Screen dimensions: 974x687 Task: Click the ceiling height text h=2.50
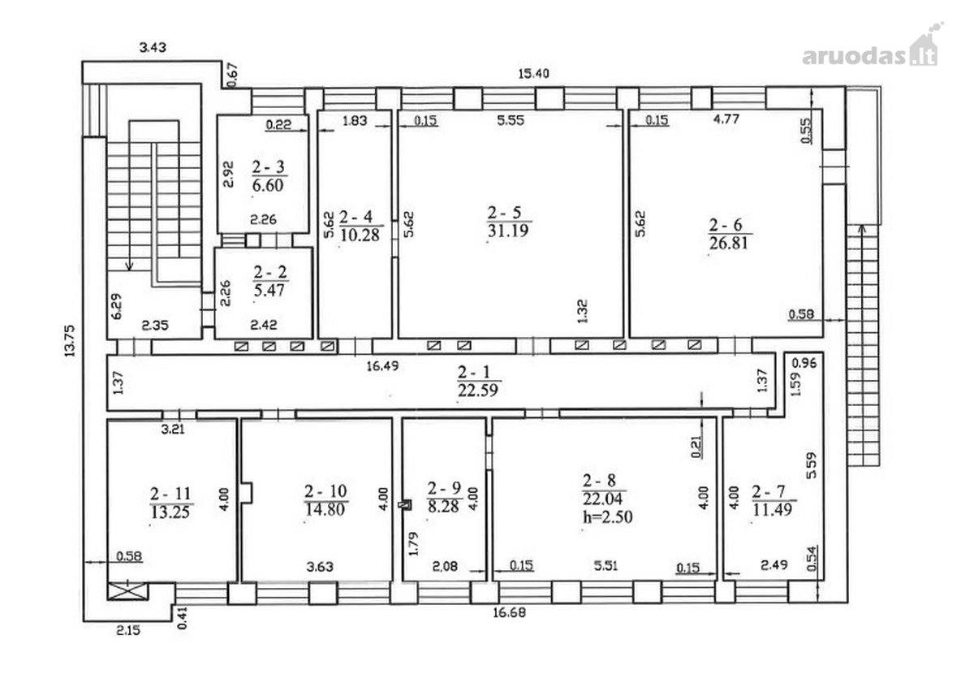(x=607, y=517)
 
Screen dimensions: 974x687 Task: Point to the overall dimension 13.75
(x=70, y=341)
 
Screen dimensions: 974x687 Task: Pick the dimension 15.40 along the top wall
(x=533, y=74)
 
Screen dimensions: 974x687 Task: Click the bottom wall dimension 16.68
(x=509, y=612)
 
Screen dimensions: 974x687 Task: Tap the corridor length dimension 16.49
(x=382, y=366)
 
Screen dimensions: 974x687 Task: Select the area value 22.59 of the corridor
(x=477, y=390)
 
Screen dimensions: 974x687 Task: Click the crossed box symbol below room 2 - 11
(x=128, y=591)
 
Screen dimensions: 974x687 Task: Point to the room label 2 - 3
(x=269, y=166)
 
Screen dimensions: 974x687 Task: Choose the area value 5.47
(x=269, y=290)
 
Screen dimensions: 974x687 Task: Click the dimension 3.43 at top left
(x=153, y=47)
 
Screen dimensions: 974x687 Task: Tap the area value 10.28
(x=360, y=235)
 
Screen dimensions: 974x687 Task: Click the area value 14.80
(x=325, y=509)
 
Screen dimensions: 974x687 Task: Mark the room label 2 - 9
(x=445, y=488)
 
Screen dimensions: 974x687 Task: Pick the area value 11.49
(x=772, y=509)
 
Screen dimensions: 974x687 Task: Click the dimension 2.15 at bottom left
(x=128, y=630)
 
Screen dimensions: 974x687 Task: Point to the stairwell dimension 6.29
(x=117, y=306)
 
